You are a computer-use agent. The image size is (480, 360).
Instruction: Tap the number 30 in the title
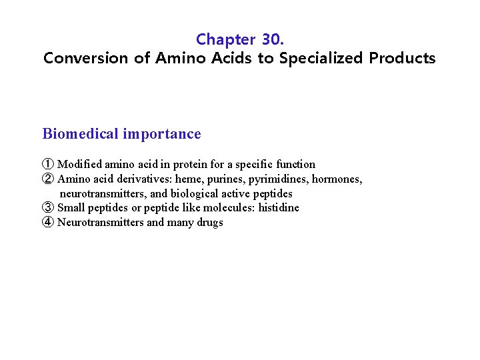(x=271, y=39)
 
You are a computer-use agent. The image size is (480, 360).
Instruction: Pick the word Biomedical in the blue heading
(x=80, y=134)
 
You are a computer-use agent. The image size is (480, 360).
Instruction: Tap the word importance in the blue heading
(x=162, y=134)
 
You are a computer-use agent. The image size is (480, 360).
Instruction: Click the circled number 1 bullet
(x=48, y=164)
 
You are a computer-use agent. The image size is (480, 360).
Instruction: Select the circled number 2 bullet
(x=48, y=179)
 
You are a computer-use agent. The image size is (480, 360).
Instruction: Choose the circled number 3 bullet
(x=48, y=207)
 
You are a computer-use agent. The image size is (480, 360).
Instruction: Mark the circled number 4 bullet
(x=48, y=222)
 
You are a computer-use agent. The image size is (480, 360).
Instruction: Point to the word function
(x=295, y=164)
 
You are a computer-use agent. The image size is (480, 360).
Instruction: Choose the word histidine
(x=279, y=207)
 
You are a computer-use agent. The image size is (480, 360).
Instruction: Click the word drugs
(x=209, y=222)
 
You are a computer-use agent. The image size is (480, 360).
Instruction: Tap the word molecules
(x=227, y=207)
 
